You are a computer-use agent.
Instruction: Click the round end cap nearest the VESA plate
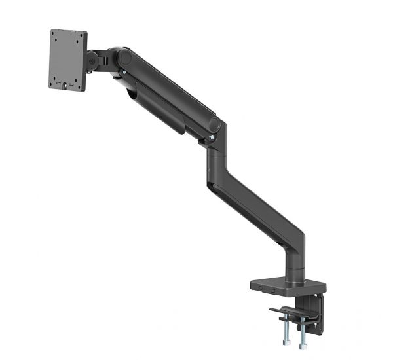click(x=124, y=58)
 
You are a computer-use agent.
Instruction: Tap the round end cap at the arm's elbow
click(x=214, y=123)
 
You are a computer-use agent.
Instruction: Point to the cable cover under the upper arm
click(x=157, y=111)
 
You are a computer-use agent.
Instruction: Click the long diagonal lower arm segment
click(x=255, y=203)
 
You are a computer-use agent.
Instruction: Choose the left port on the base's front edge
click(x=262, y=288)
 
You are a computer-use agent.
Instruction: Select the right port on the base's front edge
click(x=272, y=289)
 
